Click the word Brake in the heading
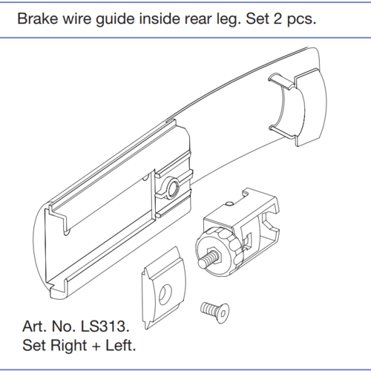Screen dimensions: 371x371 [38, 19]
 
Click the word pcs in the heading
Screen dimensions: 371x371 [301, 20]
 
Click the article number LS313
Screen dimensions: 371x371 [105, 326]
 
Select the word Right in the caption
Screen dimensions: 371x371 [69, 347]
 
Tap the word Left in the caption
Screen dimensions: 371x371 [121, 345]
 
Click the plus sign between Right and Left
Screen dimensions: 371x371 [96, 346]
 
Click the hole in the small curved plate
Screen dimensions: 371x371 [165, 295]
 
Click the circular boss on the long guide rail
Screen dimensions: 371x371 [172, 187]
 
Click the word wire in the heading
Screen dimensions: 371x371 [77, 19]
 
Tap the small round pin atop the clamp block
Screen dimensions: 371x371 [229, 203]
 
